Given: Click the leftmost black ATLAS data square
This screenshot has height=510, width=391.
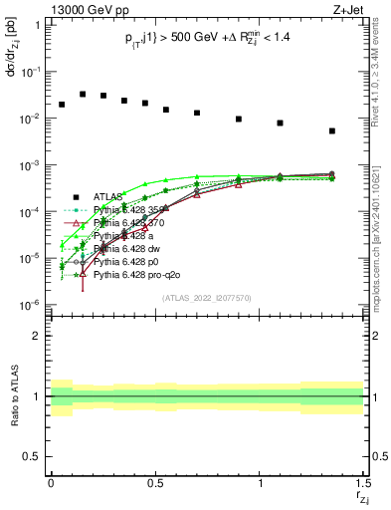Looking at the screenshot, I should (x=62, y=105).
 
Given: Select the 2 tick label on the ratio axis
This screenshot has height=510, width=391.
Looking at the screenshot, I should (x=36, y=336).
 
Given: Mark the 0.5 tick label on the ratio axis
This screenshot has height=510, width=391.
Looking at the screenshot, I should (x=32, y=456).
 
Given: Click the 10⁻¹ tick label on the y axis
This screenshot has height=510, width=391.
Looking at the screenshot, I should (x=33, y=72).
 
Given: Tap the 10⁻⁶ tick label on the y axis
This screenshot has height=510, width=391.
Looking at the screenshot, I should (x=33, y=304).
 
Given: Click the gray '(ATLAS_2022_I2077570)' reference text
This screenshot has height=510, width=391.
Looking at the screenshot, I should (x=206, y=297).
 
